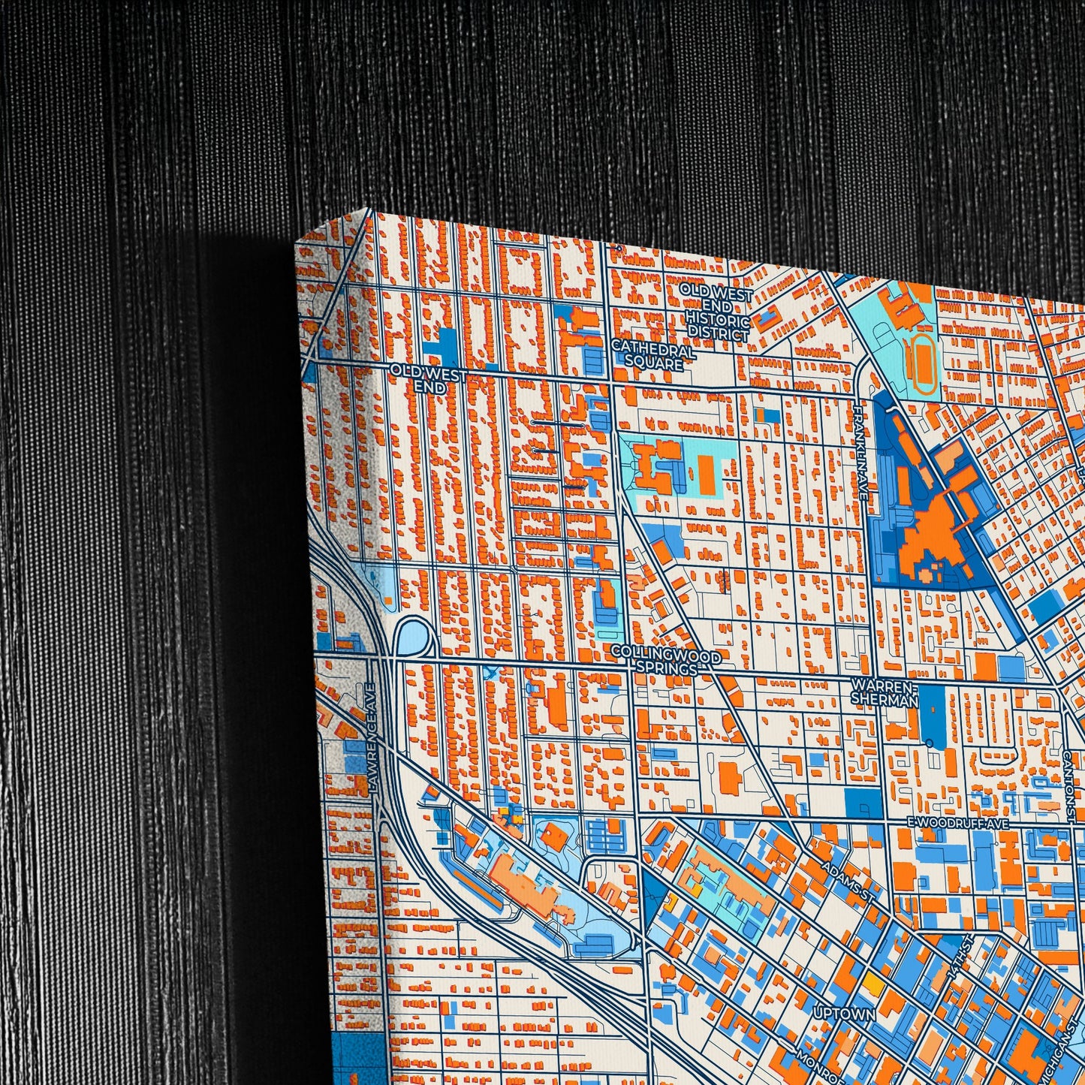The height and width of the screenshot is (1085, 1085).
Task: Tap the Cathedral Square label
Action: pyautogui.click(x=653, y=357)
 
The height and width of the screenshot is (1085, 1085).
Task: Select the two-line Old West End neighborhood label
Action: pyautogui.click(x=429, y=380)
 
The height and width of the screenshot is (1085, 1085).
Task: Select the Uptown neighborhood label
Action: pyautogui.click(x=844, y=1014)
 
